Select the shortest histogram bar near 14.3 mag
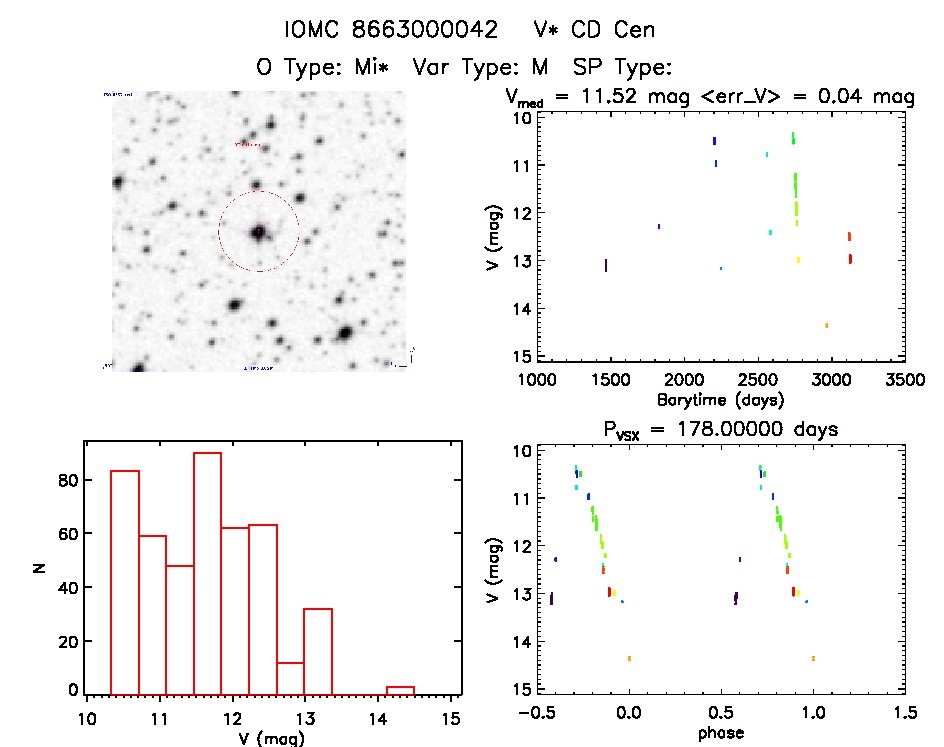click(x=400, y=689)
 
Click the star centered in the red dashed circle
click(x=259, y=231)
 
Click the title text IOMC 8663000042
click(x=391, y=30)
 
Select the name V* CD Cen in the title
click(x=594, y=30)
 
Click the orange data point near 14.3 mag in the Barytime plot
click(x=826, y=325)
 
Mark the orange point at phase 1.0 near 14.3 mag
click(x=813, y=658)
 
